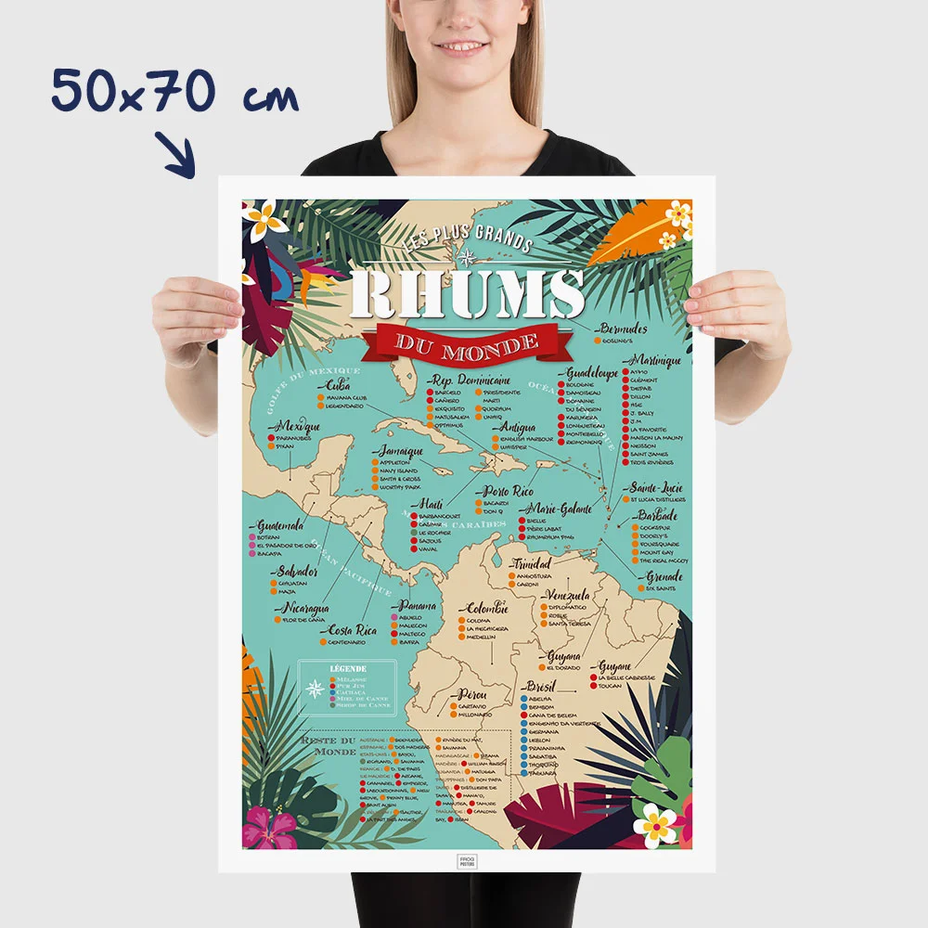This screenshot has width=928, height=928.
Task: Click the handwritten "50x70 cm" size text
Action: pyautogui.click(x=174, y=93)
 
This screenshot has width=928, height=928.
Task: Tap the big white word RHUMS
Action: pyautogui.click(x=468, y=294)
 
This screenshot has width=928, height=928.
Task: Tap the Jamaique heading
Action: pyautogui.click(x=400, y=450)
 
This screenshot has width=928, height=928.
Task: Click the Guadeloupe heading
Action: pyautogui.click(x=591, y=372)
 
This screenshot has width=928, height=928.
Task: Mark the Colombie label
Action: pyautogui.click(x=486, y=608)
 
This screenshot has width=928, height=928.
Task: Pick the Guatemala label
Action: pyautogui.click(x=280, y=525)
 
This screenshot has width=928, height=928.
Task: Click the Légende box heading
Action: pyautogui.click(x=348, y=668)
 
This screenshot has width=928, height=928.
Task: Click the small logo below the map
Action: pyautogui.click(x=467, y=860)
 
